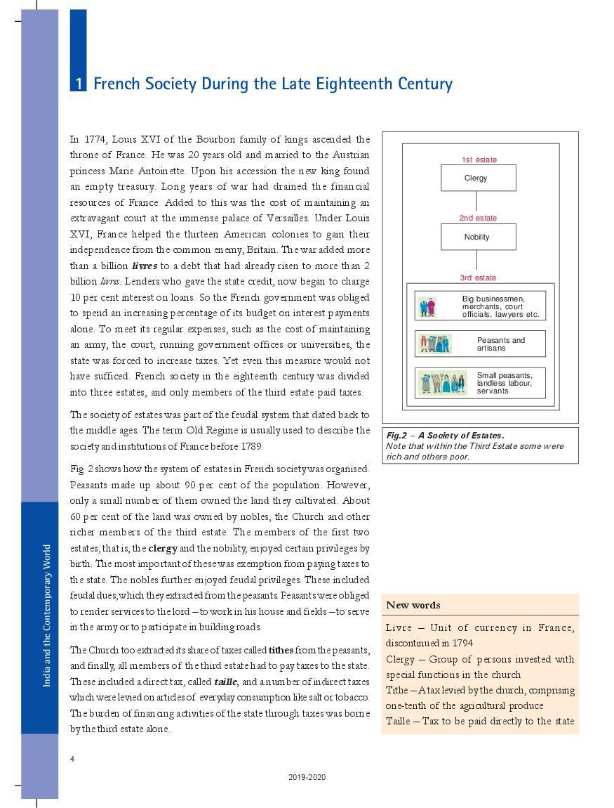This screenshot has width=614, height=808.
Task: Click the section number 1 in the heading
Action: (x=79, y=84)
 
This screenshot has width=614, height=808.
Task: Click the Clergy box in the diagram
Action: (x=478, y=178)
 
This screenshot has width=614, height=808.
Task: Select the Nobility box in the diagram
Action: (x=478, y=237)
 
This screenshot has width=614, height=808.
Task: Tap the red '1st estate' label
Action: (x=479, y=159)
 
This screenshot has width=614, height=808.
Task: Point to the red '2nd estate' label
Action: (x=478, y=219)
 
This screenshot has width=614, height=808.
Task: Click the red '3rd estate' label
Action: (x=478, y=278)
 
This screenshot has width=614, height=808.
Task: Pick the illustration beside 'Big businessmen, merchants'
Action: (x=427, y=306)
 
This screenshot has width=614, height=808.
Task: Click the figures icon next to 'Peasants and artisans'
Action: (x=434, y=344)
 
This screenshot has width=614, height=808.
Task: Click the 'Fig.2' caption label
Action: (x=397, y=436)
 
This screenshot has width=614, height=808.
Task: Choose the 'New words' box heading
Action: (x=413, y=605)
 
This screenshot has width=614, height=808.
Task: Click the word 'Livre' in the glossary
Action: (x=398, y=627)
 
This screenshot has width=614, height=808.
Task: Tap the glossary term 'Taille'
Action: (x=399, y=721)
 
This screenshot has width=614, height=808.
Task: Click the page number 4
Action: (x=72, y=759)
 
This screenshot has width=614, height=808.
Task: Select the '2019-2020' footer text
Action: (x=307, y=777)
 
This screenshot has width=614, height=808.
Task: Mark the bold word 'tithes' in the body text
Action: (x=281, y=650)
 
